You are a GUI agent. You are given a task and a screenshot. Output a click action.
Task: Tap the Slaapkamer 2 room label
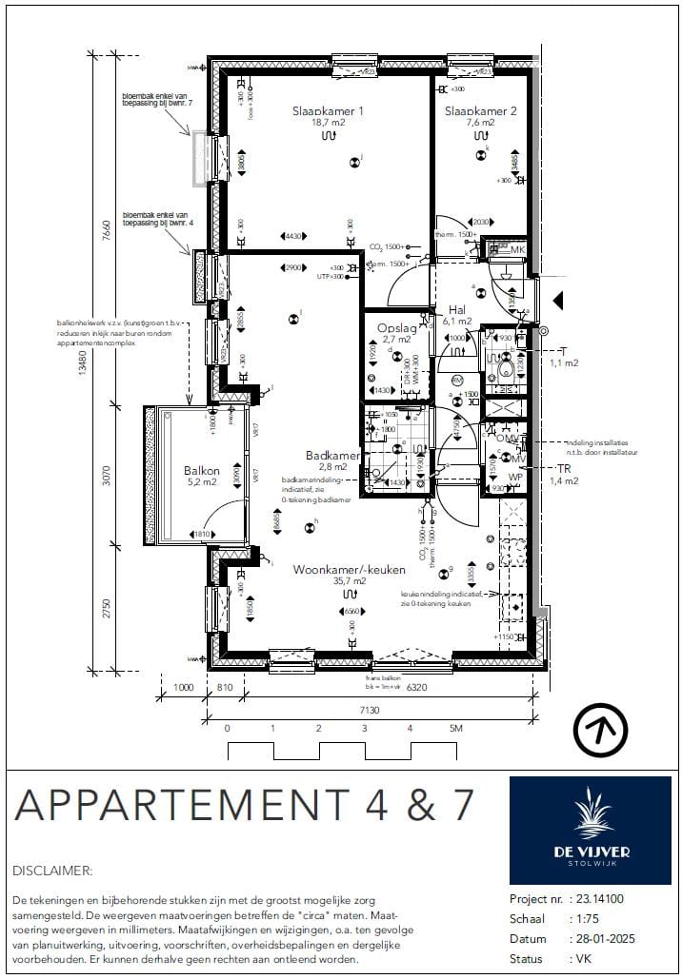coord(480,111)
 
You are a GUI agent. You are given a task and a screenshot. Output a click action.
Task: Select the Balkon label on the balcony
coord(202,470)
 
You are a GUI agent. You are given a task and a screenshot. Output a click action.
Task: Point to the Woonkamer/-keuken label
coord(349,569)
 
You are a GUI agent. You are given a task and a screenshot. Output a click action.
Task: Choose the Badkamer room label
coord(332,455)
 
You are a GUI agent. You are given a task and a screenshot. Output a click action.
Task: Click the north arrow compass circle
coord(600,730)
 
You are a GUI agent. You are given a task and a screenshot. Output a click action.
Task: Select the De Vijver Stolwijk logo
coord(590,831)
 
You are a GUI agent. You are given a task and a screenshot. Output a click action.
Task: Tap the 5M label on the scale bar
coord(455,729)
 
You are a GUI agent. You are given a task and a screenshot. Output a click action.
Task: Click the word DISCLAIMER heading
coord(53,870)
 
